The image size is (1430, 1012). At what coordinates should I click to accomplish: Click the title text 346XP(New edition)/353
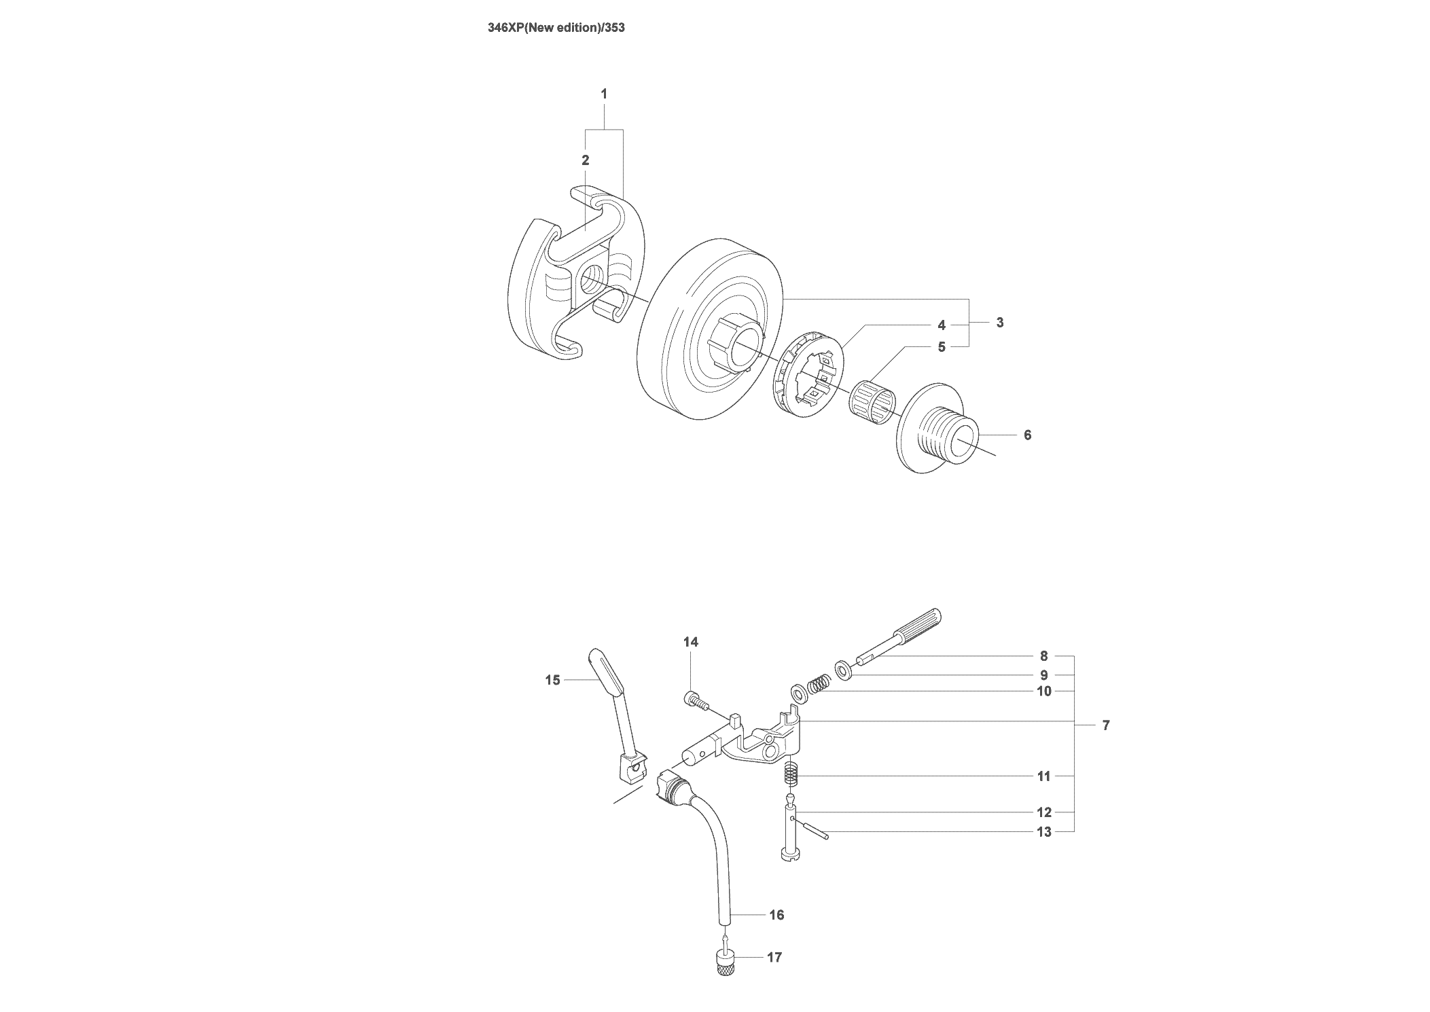point(556,29)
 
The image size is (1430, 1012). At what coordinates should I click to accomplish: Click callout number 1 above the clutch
point(604,94)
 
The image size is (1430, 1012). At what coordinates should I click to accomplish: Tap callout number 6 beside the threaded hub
point(1027,435)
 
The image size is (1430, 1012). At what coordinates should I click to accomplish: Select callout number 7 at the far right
point(1106,725)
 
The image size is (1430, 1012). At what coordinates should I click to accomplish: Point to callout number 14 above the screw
point(691,642)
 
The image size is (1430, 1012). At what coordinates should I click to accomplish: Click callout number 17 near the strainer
point(774,957)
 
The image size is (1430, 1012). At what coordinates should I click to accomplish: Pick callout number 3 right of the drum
point(1000,323)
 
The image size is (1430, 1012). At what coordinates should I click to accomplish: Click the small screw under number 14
point(695,701)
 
